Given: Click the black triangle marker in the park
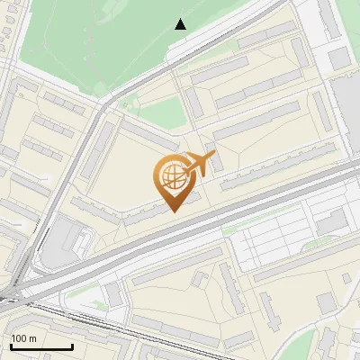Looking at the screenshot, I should pyautogui.click(x=181, y=24).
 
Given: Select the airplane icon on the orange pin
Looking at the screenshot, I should pyautogui.click(x=200, y=165).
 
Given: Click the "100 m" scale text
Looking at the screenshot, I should pyautogui.click(x=23, y=338).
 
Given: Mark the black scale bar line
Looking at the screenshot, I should pyautogui.click(x=40, y=346).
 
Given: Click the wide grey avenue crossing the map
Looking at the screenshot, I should pyautogui.click(x=225, y=216).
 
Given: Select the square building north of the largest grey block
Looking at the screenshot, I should pyautogui.click(x=338, y=58).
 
